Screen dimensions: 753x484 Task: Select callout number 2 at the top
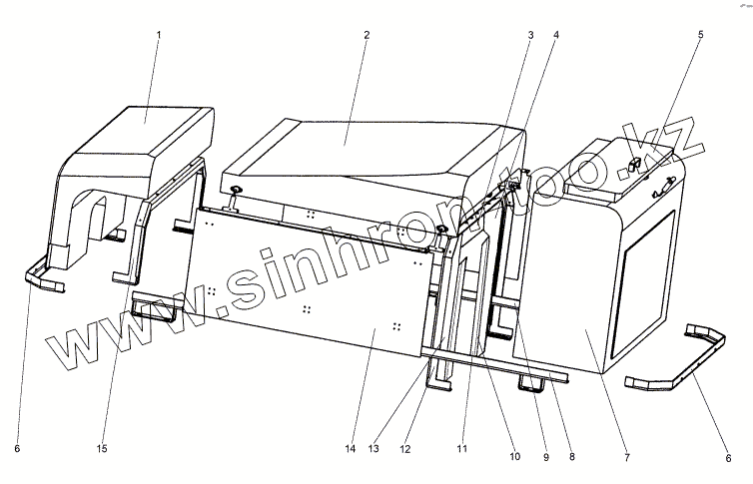367,34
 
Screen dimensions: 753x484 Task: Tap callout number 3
531,34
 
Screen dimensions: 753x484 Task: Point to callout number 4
557,34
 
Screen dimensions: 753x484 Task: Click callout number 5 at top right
700,34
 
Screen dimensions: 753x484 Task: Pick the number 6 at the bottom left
16,450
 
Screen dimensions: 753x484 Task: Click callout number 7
626,457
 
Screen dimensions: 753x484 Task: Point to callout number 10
514,457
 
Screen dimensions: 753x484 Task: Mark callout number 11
462,450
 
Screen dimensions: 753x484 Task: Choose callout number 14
351,450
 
